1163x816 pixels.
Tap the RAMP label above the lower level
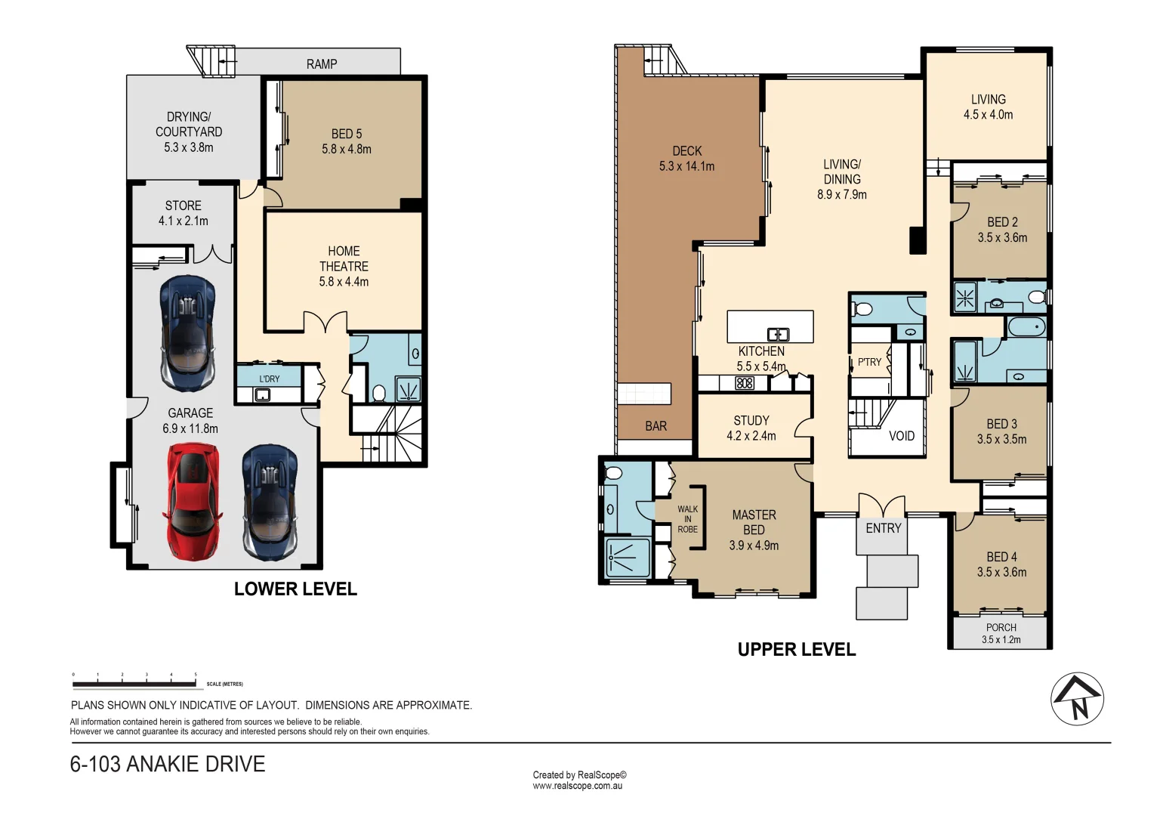point(322,64)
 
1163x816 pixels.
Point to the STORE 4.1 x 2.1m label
point(184,213)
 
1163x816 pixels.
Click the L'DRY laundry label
point(270,379)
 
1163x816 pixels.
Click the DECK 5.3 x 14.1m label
point(686,159)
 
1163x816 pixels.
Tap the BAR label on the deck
point(656,426)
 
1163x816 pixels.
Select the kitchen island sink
point(778,334)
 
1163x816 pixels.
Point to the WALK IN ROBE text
point(687,519)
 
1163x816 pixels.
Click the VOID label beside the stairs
point(902,436)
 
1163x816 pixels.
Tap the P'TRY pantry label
point(869,362)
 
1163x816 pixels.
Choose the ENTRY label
point(884,528)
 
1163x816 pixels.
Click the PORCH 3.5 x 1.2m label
point(1001,633)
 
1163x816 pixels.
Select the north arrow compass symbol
point(1078,699)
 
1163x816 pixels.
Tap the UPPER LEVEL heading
point(797,650)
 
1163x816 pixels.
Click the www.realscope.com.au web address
point(578,786)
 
